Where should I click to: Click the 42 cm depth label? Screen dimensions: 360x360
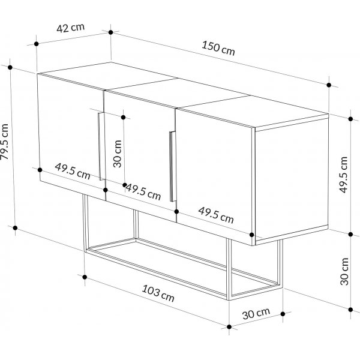pos(70,28)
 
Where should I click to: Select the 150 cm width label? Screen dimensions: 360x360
pos(218,49)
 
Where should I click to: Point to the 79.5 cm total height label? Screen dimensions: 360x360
pos(5,142)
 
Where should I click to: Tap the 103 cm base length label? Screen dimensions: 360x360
pos(158,293)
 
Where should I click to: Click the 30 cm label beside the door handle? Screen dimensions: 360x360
pos(118,154)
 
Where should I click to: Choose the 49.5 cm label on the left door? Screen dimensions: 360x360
pos(73,171)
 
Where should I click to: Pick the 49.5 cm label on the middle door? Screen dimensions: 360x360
pos(143,192)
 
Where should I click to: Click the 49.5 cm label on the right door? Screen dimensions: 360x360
pos(216,215)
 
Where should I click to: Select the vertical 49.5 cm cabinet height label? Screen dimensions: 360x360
pos(344,175)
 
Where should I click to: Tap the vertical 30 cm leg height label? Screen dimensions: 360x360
pos(344,272)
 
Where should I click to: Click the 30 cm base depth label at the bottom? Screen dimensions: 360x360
pos(256,314)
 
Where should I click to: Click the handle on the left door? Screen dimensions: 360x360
pos(102,146)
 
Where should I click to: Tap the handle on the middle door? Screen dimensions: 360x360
pos(173,166)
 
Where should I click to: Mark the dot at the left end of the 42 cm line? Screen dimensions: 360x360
pos(36,44)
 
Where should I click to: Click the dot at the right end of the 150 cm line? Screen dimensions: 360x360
pos(329,85)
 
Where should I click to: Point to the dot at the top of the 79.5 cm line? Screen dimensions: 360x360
pos(10,67)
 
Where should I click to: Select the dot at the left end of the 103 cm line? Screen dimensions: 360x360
pos(85,277)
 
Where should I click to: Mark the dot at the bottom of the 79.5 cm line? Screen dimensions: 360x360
pos(15,228)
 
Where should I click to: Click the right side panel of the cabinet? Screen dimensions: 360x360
pos(292,179)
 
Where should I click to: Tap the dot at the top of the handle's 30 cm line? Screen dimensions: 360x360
pos(123,118)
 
